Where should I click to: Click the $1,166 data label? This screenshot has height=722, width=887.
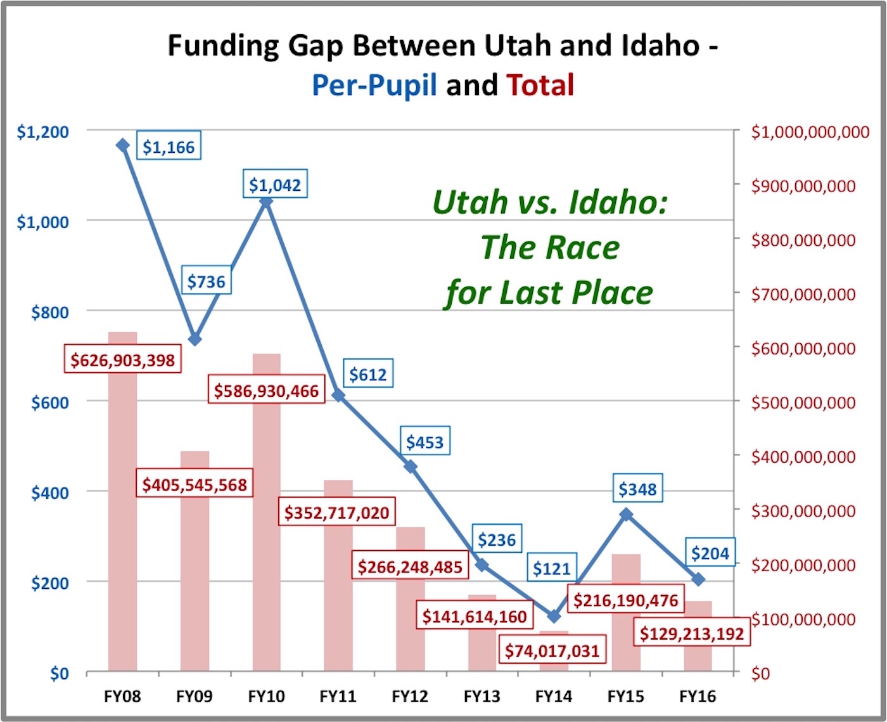tap(168, 146)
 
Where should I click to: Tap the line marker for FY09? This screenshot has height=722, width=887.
tap(195, 339)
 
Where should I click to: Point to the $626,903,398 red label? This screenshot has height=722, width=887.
tap(122, 360)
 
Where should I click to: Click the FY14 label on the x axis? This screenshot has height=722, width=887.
tap(554, 697)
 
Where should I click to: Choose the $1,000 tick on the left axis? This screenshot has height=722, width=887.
tap(42, 222)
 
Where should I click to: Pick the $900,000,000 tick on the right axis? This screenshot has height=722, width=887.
tap(803, 186)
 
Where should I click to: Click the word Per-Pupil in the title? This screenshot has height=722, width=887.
tap(374, 85)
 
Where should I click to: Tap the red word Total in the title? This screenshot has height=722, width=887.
tap(540, 85)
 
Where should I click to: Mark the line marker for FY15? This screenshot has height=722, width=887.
tap(626, 514)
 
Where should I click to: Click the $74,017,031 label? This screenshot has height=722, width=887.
tap(552, 650)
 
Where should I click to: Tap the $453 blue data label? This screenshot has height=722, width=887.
tap(424, 442)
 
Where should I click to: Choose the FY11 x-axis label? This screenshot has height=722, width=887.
tap(338, 697)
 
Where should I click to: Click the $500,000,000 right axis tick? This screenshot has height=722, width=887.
tap(803, 403)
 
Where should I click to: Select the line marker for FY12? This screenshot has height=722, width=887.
tap(410, 467)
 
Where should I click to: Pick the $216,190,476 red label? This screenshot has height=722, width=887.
tap(626, 600)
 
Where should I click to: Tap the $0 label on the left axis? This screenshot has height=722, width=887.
tap(59, 673)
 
